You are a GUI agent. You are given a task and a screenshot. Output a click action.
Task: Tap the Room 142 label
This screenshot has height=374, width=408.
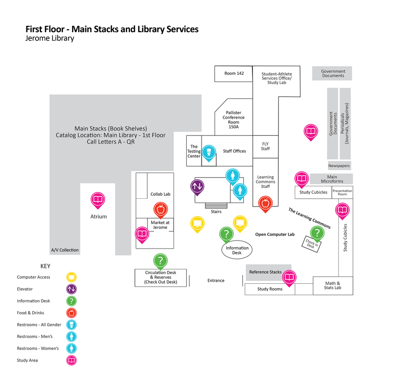coord(234,73)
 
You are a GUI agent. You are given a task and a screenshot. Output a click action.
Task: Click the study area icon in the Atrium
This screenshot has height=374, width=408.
coord(98,199)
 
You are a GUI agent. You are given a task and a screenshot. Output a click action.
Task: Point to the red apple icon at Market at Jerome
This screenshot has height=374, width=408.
coord(160,209)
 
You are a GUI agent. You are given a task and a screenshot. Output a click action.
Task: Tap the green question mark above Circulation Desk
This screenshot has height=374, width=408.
coord(160,261)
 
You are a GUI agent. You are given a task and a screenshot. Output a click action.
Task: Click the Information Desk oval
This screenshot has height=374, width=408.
coord(237,250)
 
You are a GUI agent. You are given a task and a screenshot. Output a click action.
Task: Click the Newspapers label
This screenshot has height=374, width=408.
coord(339,166)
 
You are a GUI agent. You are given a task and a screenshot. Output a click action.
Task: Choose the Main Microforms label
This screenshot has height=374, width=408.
coord(332,179)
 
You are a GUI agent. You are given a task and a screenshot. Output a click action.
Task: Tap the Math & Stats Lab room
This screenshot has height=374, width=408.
coord(333,286)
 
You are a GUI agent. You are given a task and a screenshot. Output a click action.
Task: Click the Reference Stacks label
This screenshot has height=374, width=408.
coord(265,272)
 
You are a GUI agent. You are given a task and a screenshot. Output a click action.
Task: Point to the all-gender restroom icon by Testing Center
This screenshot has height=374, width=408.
coord(208,152)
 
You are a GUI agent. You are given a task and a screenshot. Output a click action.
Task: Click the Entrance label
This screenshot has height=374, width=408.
coord(216,280)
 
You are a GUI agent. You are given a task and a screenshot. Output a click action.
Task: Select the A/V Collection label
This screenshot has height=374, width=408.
coord(65,250)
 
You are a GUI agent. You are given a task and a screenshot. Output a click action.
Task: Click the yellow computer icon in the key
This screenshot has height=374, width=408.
coord(72,277)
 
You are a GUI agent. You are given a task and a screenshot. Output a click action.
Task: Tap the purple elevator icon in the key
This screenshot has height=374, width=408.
coord(72,289)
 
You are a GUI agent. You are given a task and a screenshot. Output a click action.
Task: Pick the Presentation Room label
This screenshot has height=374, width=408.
coord(342,193)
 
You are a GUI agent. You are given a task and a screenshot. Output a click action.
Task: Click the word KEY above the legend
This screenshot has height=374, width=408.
coord(45,265)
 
